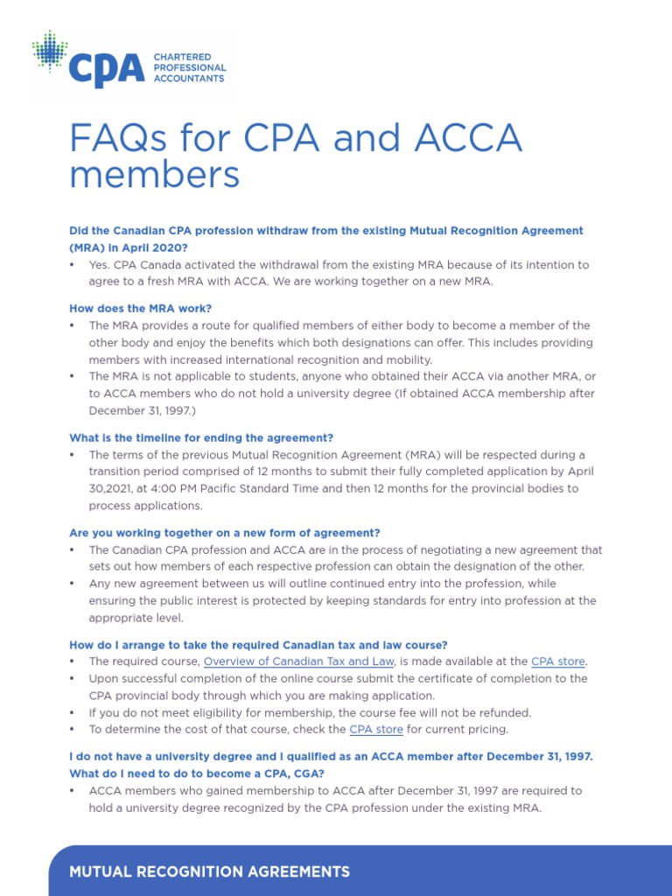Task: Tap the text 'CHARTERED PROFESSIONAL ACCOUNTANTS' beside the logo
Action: [x=189, y=67]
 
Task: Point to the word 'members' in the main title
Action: [x=154, y=175]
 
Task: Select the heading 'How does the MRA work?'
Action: [x=140, y=308]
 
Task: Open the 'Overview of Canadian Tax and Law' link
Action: [x=298, y=661]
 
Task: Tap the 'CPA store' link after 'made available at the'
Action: [x=558, y=661]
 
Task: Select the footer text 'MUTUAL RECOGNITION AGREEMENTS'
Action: [x=209, y=871]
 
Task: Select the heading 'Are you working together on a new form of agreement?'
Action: [x=225, y=533]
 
